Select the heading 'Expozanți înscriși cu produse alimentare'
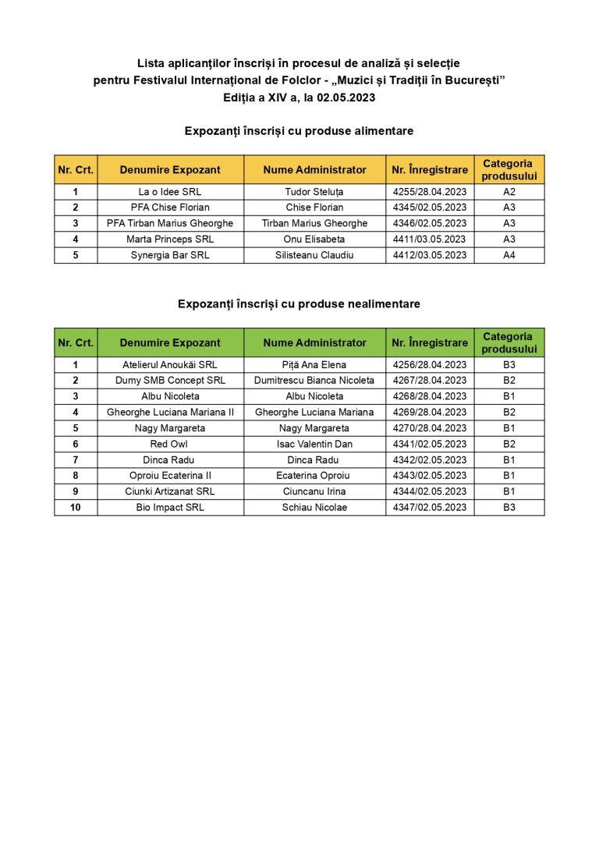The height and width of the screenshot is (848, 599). pyautogui.click(x=299, y=131)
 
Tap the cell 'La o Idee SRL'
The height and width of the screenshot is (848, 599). pyautogui.click(x=170, y=192)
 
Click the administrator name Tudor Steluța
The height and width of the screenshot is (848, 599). pyautogui.click(x=314, y=192)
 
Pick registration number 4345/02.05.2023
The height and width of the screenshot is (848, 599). pyautogui.click(x=430, y=208)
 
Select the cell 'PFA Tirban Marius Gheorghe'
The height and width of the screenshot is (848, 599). pyautogui.click(x=170, y=223)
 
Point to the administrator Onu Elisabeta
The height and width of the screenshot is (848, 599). pyautogui.click(x=314, y=239)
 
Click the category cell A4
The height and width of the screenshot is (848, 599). pyautogui.click(x=509, y=255)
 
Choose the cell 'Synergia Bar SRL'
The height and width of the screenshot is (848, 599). pyautogui.click(x=170, y=255)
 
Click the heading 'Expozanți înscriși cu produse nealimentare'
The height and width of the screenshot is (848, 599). pyautogui.click(x=299, y=304)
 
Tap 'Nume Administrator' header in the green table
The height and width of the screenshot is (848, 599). pyautogui.click(x=314, y=342)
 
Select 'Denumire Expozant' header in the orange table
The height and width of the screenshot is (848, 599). pyautogui.click(x=170, y=170)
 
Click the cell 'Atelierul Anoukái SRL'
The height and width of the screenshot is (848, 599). pyautogui.click(x=170, y=365)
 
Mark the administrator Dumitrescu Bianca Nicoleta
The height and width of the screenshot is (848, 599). pyautogui.click(x=314, y=381)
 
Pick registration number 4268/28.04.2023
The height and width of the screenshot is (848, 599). pyautogui.click(x=430, y=396)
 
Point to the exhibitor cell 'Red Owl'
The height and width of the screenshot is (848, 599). pyautogui.click(x=170, y=444)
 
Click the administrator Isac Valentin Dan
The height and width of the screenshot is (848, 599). pyautogui.click(x=314, y=444)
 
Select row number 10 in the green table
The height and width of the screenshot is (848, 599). pyautogui.click(x=76, y=507)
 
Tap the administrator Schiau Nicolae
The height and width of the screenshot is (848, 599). pyautogui.click(x=314, y=507)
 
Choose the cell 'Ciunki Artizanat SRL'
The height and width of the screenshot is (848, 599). pyautogui.click(x=170, y=491)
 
